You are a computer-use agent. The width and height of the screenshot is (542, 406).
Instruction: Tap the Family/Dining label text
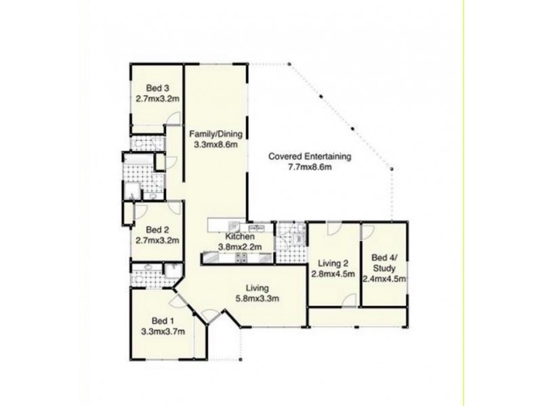[x=216, y=133]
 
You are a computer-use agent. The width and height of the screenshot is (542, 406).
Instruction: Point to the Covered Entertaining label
[x=310, y=156]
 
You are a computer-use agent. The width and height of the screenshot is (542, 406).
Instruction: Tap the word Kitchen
[x=240, y=237]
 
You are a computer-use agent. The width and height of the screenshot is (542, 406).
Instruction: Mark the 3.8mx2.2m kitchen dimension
[x=241, y=247]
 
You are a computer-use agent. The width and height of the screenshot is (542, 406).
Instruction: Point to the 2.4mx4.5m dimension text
[x=383, y=277]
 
